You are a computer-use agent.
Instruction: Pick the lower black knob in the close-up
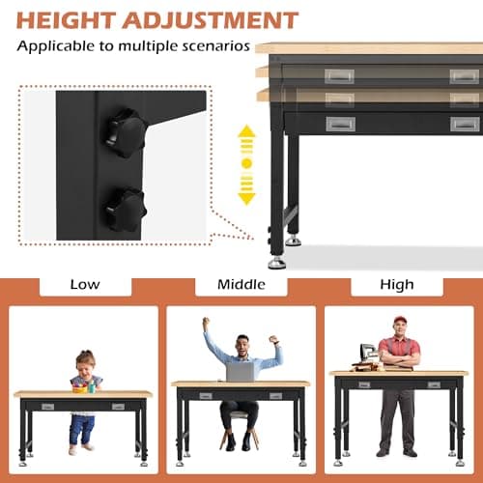(126, 204)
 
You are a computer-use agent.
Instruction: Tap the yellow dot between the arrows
(246, 164)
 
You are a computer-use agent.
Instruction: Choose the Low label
(83, 285)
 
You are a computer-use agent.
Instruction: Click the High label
(396, 285)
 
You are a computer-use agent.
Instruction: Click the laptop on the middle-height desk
(240, 371)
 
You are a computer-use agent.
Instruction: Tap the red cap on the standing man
(399, 321)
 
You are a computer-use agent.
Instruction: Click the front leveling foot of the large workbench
(276, 261)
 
